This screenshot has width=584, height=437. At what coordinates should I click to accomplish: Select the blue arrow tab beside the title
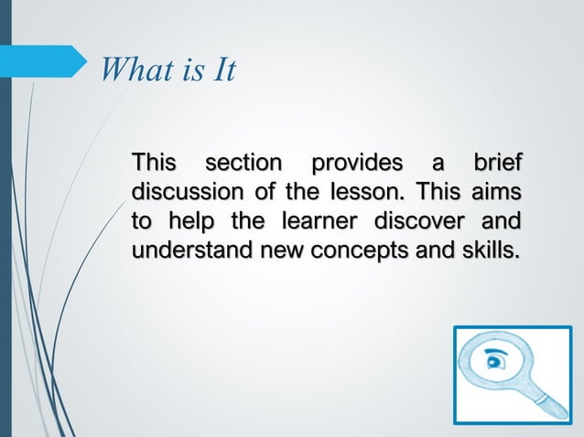48,61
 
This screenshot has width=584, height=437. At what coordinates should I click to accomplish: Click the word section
243,165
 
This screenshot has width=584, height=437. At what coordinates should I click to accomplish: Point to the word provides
356,165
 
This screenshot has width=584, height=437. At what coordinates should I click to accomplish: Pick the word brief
497,165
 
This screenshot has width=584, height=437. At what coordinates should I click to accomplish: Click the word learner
314,221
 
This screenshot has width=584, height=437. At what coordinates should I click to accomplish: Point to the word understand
186,250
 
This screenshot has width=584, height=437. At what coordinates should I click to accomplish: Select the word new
269,250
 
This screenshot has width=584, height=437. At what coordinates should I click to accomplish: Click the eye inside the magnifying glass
497,359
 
